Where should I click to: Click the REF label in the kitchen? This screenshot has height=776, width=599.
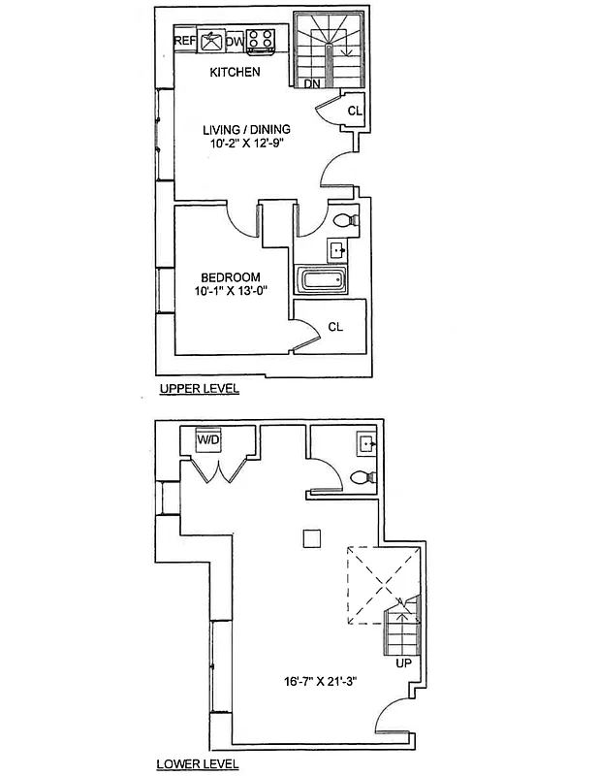click(184, 41)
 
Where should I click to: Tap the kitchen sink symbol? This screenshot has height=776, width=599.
click(211, 41)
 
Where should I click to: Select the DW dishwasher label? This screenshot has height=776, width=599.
click(235, 42)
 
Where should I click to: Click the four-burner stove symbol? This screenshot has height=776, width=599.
click(260, 41)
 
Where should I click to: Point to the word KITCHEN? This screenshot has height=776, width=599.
click(236, 72)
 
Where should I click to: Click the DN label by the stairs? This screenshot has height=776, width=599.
click(312, 84)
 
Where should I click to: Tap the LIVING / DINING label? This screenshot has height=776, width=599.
click(246, 129)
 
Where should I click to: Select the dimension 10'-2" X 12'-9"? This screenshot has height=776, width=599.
click(246, 144)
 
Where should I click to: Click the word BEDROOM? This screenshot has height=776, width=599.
click(232, 277)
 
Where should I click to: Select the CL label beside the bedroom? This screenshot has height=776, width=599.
click(335, 327)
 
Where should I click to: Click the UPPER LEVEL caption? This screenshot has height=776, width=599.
click(198, 389)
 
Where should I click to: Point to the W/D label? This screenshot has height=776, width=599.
click(207, 440)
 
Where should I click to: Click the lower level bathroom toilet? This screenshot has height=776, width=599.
click(363, 477)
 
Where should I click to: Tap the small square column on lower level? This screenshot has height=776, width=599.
click(312, 537)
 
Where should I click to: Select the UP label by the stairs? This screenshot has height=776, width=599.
click(404, 664)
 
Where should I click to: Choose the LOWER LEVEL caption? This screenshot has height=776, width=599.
click(198, 764)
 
